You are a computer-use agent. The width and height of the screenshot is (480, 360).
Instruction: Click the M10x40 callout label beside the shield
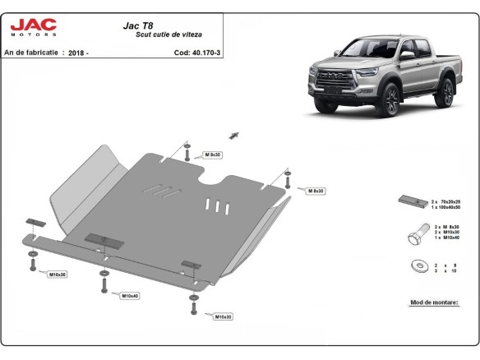tap(130, 296)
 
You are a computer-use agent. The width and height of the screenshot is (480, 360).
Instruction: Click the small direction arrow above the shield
tap(233, 133)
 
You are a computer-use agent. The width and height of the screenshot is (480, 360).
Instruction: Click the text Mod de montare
tap(432, 302)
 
